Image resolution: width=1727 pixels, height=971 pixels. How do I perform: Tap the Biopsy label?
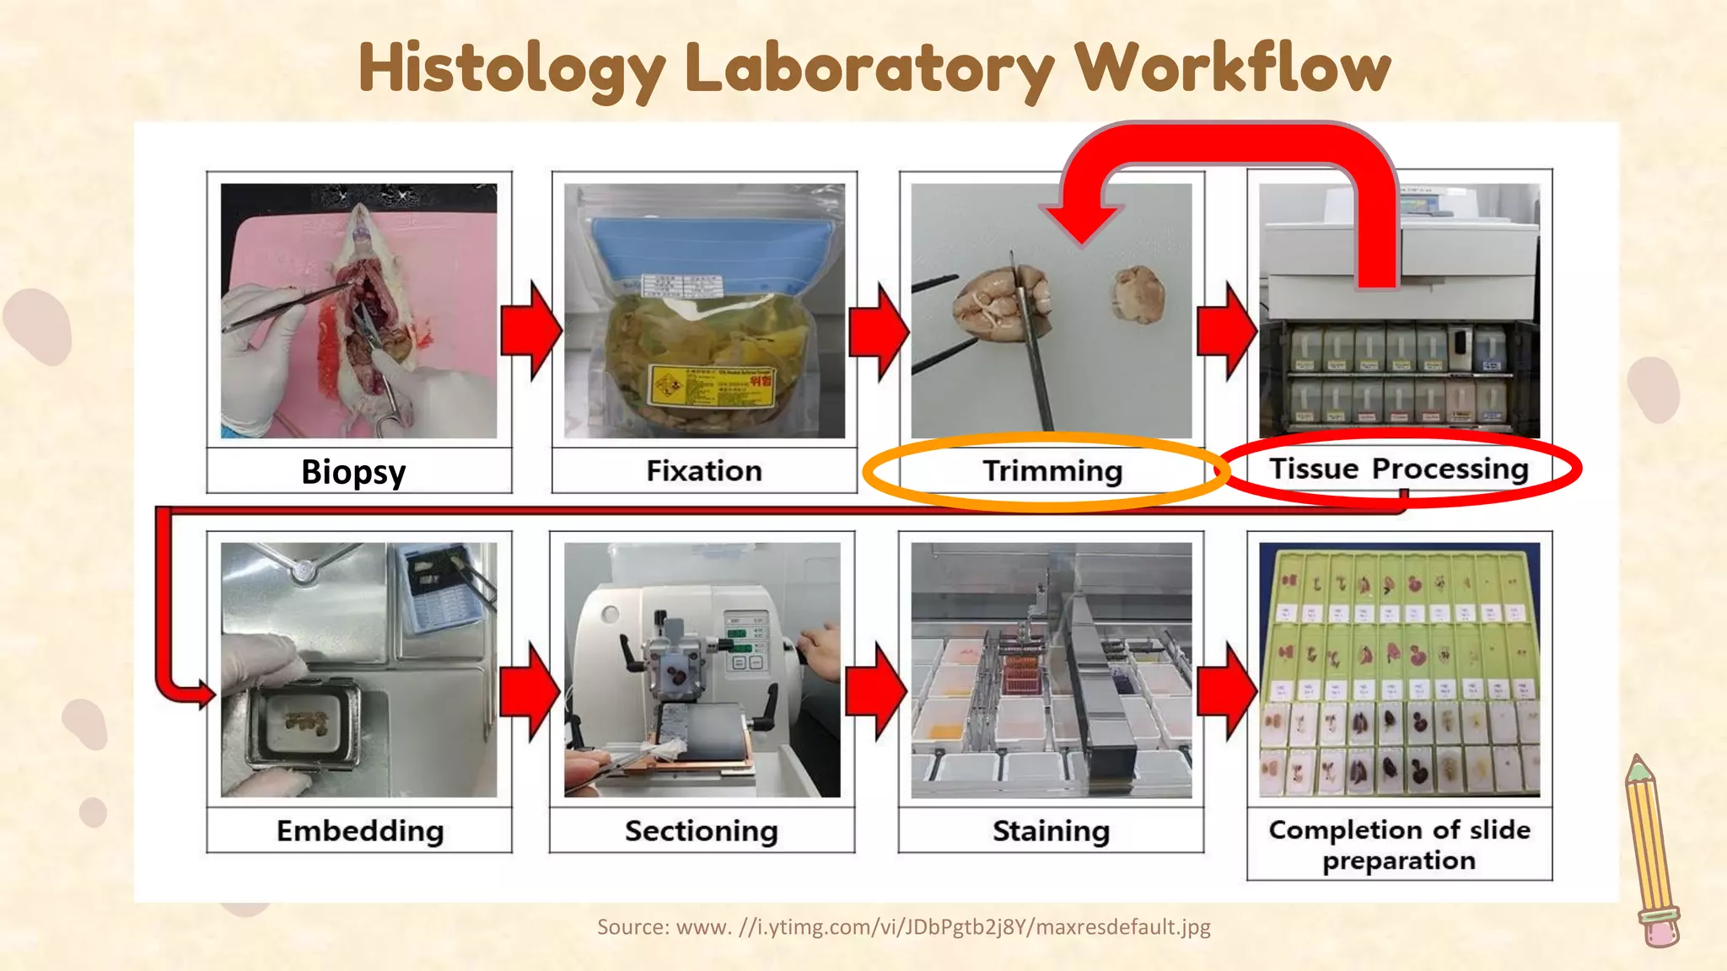click(353, 472)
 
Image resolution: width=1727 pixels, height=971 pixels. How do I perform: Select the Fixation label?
click(704, 470)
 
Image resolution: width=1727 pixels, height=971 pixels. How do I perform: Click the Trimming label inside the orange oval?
click(1052, 470)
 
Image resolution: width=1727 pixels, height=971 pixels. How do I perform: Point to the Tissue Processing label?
click(1399, 468)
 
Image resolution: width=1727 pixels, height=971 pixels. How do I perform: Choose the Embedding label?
click(360, 831)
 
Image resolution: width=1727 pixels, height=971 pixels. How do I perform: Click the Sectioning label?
click(701, 831)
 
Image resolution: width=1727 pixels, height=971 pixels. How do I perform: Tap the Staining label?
click(1051, 831)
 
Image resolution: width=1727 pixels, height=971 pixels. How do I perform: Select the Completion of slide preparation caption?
click(1399, 845)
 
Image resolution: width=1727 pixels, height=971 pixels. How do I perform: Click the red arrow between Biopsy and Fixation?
click(530, 330)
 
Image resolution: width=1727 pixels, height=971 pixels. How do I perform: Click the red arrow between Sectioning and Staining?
click(876, 691)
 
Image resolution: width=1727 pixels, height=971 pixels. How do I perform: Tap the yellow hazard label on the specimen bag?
click(711, 387)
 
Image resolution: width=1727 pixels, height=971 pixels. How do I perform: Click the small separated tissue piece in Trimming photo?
click(1138, 295)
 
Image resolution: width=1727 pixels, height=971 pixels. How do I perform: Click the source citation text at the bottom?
click(903, 927)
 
